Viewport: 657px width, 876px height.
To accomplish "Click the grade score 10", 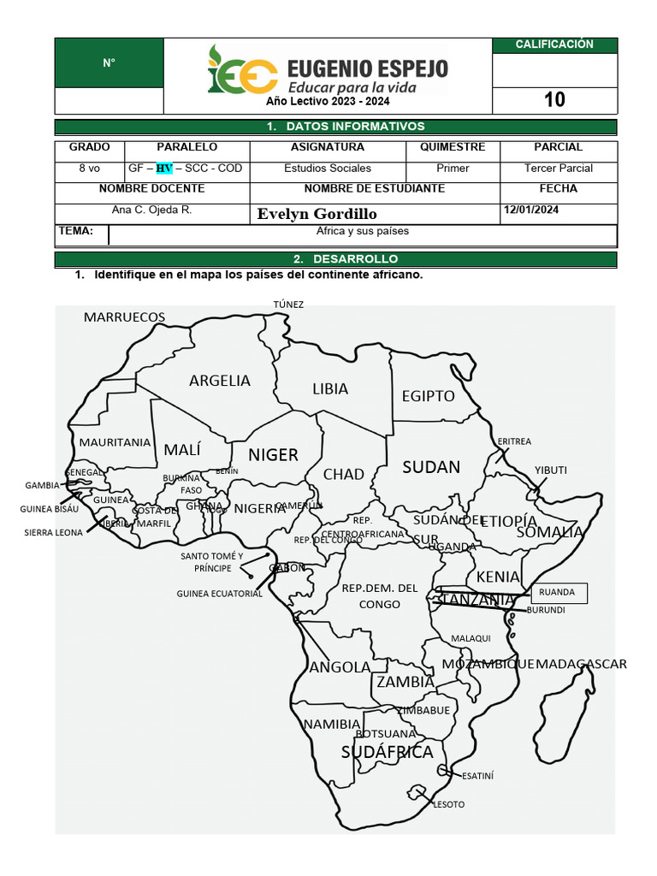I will (554, 100).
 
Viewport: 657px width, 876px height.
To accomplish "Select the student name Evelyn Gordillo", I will (317, 214).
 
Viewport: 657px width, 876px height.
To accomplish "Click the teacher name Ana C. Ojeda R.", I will (151, 210).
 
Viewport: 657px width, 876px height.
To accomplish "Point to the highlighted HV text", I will (163, 169).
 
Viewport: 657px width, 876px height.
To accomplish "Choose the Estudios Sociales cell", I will (328, 169).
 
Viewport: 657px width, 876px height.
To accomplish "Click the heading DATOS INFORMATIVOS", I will (335, 127).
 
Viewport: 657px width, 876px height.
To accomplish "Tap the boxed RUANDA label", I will (558, 592).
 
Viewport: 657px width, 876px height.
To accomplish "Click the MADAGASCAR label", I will (582, 664).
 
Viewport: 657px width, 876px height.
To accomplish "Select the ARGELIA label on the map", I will (220, 381).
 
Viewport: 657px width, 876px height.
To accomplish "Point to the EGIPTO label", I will (428, 396).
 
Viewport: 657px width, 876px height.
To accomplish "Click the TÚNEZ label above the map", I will (288, 305).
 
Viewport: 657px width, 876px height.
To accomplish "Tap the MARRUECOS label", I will (124, 317).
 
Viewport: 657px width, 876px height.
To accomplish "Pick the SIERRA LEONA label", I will (53, 532).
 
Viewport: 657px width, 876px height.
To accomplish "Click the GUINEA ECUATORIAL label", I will (219, 593).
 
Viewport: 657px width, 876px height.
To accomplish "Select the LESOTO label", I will (449, 804).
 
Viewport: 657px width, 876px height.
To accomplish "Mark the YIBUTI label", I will (551, 470).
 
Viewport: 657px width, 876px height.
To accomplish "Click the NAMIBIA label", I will (331, 725).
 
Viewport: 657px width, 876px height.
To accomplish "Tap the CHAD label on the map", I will (343, 474).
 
